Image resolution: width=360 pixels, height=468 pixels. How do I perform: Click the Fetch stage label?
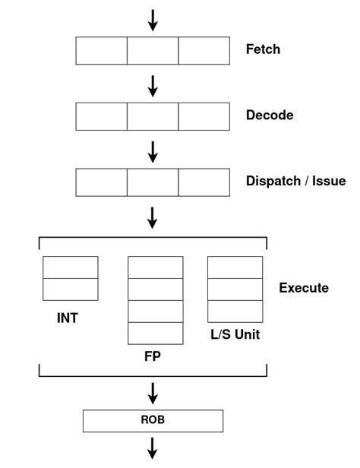coord(263,50)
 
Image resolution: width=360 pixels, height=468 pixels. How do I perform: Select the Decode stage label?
coord(269,115)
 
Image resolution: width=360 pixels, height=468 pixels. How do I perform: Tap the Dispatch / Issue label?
coord(295,182)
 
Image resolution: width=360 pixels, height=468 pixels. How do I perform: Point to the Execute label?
coord(304,288)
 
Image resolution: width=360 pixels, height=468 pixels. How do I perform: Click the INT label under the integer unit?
coord(68,318)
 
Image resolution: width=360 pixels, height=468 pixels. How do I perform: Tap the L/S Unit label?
coord(235,334)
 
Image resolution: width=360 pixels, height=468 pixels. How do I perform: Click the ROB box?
coord(153,421)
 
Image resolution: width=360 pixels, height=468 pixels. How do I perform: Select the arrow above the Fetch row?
coord(153,20)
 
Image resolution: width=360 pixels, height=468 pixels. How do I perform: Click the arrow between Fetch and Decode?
coord(153,85)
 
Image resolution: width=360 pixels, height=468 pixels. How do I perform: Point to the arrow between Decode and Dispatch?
coord(153,151)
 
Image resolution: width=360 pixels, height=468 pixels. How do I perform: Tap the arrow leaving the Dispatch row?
coord(153,217)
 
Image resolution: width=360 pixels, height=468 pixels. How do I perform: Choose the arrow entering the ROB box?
coord(153,392)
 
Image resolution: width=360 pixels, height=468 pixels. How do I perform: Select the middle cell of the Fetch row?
coord(153,50)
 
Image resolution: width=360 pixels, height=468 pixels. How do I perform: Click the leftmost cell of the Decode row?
coord(102,116)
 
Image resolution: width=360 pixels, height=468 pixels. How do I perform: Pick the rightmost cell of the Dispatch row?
coord(204,182)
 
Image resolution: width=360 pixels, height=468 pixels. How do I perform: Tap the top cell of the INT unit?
coord(71,267)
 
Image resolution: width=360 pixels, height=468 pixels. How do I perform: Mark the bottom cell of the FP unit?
coord(156,334)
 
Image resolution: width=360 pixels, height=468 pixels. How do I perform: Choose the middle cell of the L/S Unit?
coord(235,289)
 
